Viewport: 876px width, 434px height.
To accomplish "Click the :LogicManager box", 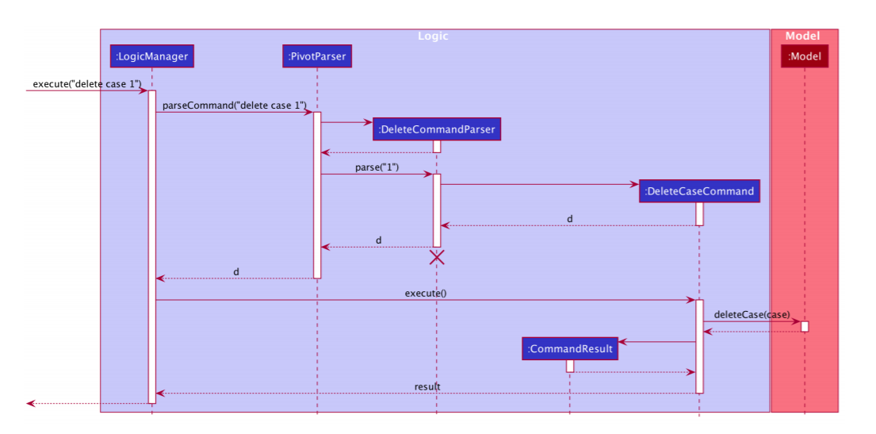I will tap(151, 56).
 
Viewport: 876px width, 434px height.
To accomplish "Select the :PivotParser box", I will tap(316, 56).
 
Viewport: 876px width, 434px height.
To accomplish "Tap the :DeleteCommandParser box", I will tap(437, 129).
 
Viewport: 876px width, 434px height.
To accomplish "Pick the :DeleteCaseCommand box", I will tap(699, 191).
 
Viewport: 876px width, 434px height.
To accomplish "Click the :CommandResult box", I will tap(569, 348).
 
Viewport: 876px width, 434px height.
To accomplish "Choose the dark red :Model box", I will tap(805, 56).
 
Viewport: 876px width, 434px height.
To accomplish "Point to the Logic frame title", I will tap(433, 36).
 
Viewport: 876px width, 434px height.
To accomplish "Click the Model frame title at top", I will tap(802, 36).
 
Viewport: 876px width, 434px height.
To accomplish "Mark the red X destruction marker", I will tap(437, 257).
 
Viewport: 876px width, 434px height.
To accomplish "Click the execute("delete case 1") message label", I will tap(87, 84).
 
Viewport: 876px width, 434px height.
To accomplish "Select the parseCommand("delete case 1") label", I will tap(235, 106).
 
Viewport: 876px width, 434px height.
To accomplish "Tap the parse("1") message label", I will tap(377, 168).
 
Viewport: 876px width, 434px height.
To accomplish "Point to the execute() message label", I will tap(426, 293).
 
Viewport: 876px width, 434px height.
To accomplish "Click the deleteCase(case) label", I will tap(752, 314).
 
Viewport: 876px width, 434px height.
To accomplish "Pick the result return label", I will tap(427, 386).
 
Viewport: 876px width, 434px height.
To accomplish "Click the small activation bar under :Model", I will tap(805, 326).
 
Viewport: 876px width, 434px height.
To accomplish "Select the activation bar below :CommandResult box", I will tap(569, 366).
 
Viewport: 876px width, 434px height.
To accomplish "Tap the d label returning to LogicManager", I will tap(236, 271).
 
